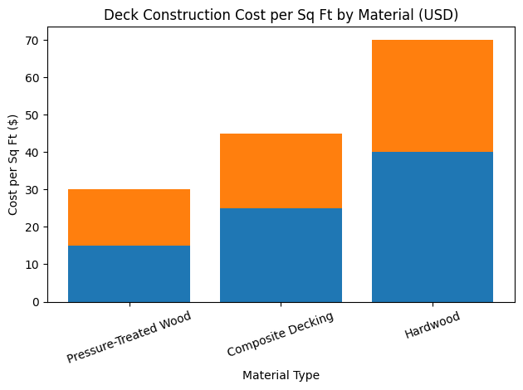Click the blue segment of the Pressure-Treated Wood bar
pos(129,274)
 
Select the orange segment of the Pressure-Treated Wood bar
pos(129,217)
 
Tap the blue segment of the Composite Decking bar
pos(281,256)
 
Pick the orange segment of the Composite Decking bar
pos(281,171)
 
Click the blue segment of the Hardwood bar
pos(433,227)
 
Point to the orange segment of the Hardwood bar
pos(433,96)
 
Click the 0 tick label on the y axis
pos(36,302)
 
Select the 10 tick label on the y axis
pos(32,265)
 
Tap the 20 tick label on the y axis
pos(32,227)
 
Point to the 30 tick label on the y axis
pos(32,190)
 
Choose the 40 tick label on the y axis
pos(32,153)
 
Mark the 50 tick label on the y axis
pos(32,115)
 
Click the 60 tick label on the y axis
pos(32,78)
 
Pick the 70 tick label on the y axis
pos(32,41)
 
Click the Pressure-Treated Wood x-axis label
pos(129,336)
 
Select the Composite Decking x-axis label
pos(281,334)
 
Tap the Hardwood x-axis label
pos(433,324)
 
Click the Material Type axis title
pos(281,375)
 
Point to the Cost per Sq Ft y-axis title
pos(12,164)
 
